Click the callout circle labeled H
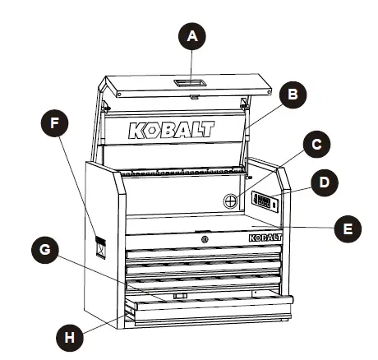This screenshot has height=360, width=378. pos(71,335)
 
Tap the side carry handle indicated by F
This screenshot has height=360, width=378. pos(100,246)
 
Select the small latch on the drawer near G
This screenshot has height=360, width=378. pos(180,294)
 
